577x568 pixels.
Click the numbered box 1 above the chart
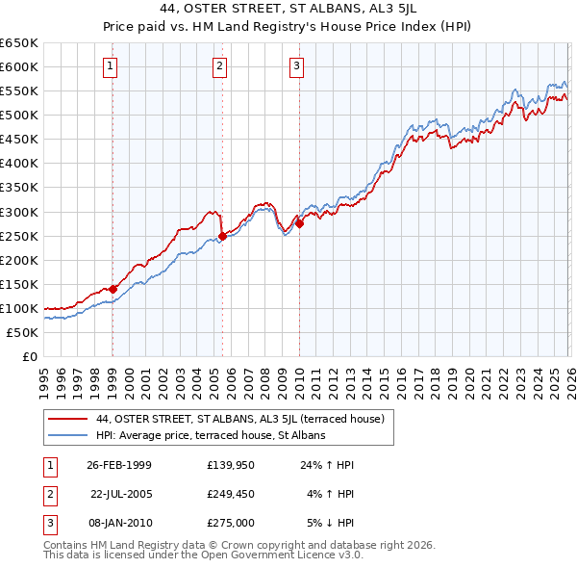pos(112,66)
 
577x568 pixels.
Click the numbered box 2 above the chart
pos(220,66)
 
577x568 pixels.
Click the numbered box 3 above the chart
pos(296,66)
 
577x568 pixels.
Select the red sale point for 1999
pos(113,288)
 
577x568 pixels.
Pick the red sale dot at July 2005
pos(222,235)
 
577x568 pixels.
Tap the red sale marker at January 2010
pos(298,223)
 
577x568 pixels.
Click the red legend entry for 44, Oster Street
pos(240,419)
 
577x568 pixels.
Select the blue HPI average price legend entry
pos(211,435)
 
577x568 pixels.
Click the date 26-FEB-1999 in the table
pos(119,465)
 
